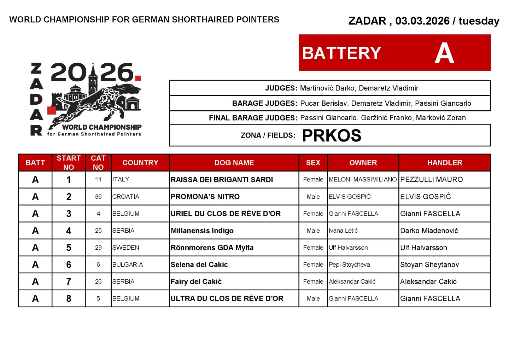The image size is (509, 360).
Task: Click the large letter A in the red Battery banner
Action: coord(444,53)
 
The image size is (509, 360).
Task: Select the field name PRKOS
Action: coord(332,135)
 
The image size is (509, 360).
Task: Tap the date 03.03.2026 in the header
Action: coord(422,21)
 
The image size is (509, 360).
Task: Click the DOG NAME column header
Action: coord(234,163)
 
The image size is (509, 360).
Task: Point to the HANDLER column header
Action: coord(444,163)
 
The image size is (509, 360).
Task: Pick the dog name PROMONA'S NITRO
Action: coord(205,197)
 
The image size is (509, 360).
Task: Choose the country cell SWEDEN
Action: coord(126,248)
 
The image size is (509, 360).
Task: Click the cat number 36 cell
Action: coord(98,197)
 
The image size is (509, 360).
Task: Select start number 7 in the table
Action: coord(69,281)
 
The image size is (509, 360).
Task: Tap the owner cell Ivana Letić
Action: coord(343,231)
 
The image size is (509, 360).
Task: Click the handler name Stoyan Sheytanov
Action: coord(429,265)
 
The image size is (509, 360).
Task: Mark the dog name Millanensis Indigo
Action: coord(202,231)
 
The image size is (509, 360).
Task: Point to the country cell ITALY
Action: coord(121,180)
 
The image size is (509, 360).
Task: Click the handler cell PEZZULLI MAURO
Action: coord(431,180)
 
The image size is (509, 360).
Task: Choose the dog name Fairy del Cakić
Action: coord(196,281)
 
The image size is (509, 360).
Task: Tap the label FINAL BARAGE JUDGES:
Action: coord(253,118)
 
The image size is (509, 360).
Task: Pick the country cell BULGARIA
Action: coord(128,265)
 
